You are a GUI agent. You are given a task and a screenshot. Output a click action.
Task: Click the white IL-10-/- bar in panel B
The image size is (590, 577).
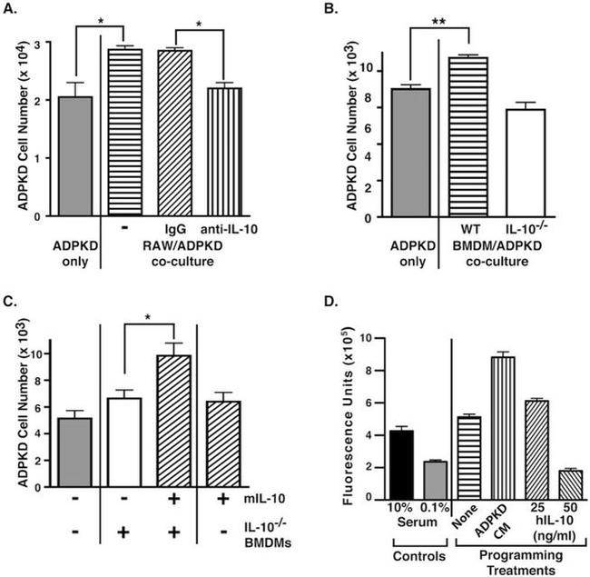(x=526, y=164)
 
